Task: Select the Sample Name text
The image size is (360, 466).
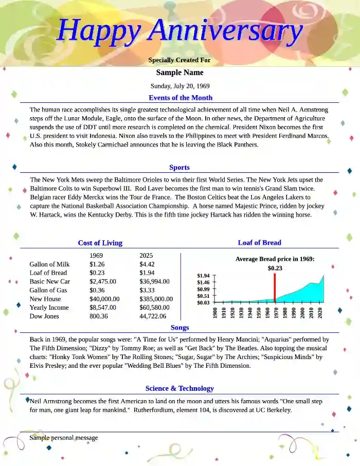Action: point(179,73)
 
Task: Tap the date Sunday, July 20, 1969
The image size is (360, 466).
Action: point(179,86)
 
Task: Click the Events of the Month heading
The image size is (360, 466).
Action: point(180,98)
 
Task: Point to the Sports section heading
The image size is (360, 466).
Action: point(179,167)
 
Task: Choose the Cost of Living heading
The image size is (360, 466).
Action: point(100,243)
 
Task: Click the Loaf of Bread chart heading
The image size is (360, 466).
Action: point(259,243)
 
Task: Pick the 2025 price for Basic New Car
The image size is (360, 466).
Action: point(154,282)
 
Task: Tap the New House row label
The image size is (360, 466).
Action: point(45,299)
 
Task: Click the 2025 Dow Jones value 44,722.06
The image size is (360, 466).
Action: point(153,316)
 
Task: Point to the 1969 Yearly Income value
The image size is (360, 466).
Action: point(103,308)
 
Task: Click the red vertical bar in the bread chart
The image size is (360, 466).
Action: point(275,288)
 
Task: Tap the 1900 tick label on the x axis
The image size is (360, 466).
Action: point(215,313)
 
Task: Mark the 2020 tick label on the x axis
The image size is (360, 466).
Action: point(320,313)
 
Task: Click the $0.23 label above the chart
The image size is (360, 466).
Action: point(275,268)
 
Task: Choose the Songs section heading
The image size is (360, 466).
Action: point(179,328)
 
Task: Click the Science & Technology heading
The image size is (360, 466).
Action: point(179,388)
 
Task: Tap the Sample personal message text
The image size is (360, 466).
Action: point(64,438)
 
